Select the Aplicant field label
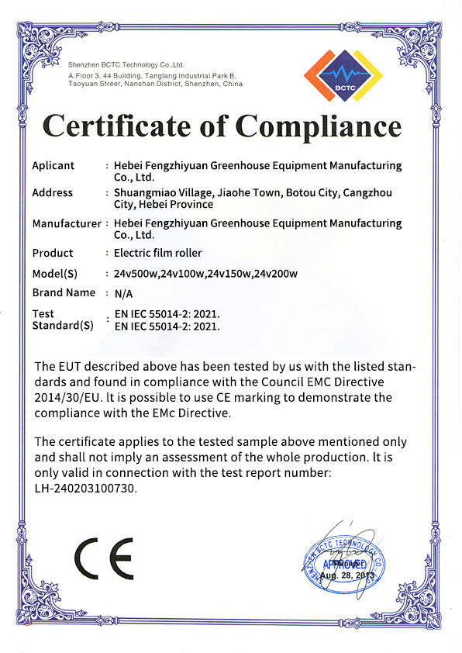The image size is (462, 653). click(x=53, y=165)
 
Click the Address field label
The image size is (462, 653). click(x=53, y=192)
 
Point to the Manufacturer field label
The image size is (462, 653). click(x=67, y=223)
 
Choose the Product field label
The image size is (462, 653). click(x=53, y=253)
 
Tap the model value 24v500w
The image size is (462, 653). click(x=136, y=274)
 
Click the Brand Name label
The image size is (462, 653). click(x=64, y=292)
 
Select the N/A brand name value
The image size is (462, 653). click(x=122, y=294)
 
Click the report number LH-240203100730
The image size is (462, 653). click(x=86, y=489)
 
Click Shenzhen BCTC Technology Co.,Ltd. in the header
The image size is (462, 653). click(x=126, y=64)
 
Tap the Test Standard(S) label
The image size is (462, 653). click(x=62, y=320)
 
